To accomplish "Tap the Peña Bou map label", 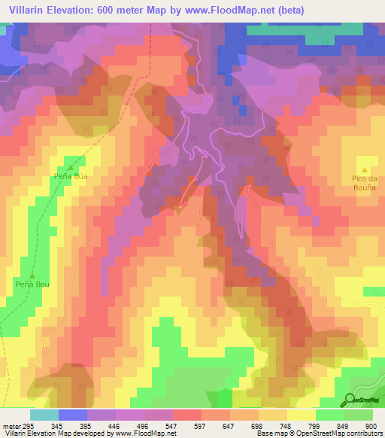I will click(x=32, y=284).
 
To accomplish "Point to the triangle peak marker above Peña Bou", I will click(x=32, y=275).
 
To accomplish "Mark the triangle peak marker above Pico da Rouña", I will click(x=365, y=169).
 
